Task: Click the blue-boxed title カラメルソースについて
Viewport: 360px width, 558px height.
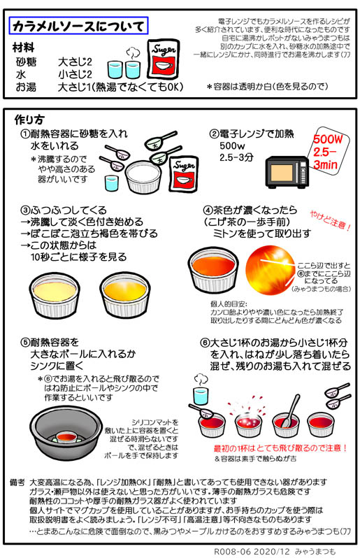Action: (78, 27)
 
